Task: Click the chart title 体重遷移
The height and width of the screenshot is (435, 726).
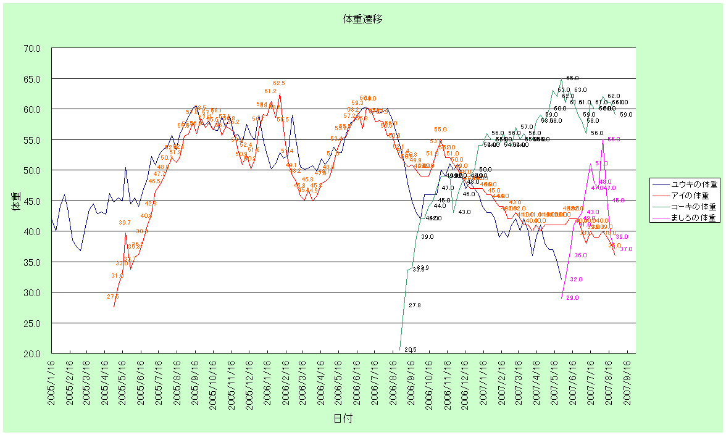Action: (x=363, y=19)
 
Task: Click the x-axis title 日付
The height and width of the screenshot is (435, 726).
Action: (x=343, y=418)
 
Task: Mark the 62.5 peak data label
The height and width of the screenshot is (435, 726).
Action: (x=279, y=83)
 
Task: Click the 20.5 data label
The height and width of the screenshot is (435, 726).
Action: (x=411, y=350)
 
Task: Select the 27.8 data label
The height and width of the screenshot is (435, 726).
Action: (x=415, y=305)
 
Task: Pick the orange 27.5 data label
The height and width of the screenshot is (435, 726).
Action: (x=112, y=297)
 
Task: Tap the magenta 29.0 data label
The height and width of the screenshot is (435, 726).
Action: (x=572, y=298)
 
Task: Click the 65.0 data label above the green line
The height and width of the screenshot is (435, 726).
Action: (x=572, y=78)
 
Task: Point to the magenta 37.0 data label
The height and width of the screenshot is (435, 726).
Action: (x=626, y=249)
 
